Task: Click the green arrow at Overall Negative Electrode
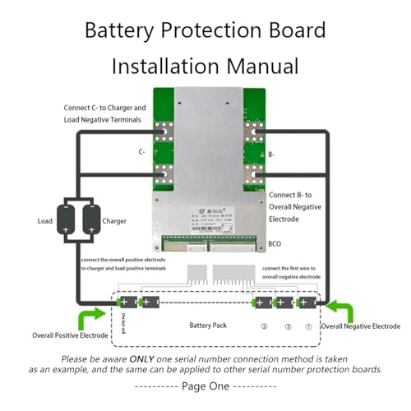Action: pos(344,312)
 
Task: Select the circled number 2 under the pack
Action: pos(288,327)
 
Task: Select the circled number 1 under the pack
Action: pos(310,327)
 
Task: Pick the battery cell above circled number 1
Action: pos(306,302)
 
